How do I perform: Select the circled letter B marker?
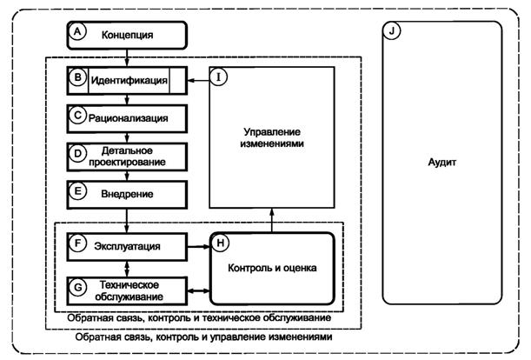coord(76,80)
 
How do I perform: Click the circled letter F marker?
coord(76,245)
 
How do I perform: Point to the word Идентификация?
coord(129,81)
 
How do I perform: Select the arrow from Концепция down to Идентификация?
coord(128,57)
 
